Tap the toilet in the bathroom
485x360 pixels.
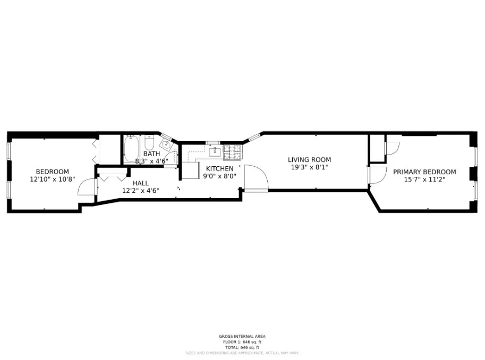(149, 144)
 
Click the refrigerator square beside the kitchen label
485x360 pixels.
(190, 170)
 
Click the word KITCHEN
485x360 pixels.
(219, 168)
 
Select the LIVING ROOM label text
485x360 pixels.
(309, 160)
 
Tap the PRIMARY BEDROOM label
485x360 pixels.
(424, 172)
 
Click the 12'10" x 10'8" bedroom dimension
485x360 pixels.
(52, 179)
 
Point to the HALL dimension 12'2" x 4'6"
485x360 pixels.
(140, 191)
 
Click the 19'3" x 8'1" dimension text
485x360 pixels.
(309, 167)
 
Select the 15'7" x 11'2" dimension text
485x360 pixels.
(424, 179)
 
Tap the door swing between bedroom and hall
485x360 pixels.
(86, 186)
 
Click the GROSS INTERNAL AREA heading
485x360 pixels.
(242, 336)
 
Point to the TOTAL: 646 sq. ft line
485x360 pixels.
(242, 347)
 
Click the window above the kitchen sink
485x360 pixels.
(212, 142)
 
